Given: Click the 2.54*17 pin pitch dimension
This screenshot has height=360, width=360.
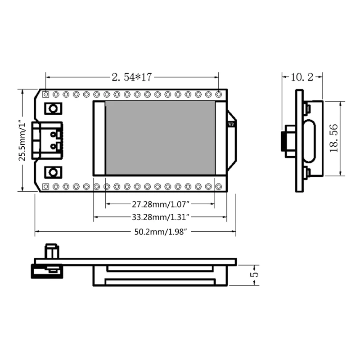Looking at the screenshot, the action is (132, 77).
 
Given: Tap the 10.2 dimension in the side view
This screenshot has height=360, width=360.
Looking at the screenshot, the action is (302, 77).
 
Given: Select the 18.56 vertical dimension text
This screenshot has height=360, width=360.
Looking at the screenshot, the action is (334, 138).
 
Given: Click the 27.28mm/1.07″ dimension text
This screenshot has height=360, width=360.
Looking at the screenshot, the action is (161, 204).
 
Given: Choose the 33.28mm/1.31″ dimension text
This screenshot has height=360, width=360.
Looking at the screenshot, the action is (161, 217).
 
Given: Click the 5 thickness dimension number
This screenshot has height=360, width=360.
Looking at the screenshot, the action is (254, 274).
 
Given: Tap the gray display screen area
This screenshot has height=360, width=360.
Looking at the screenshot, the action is (160, 138).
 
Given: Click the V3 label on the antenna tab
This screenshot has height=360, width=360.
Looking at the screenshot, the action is (231, 124).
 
